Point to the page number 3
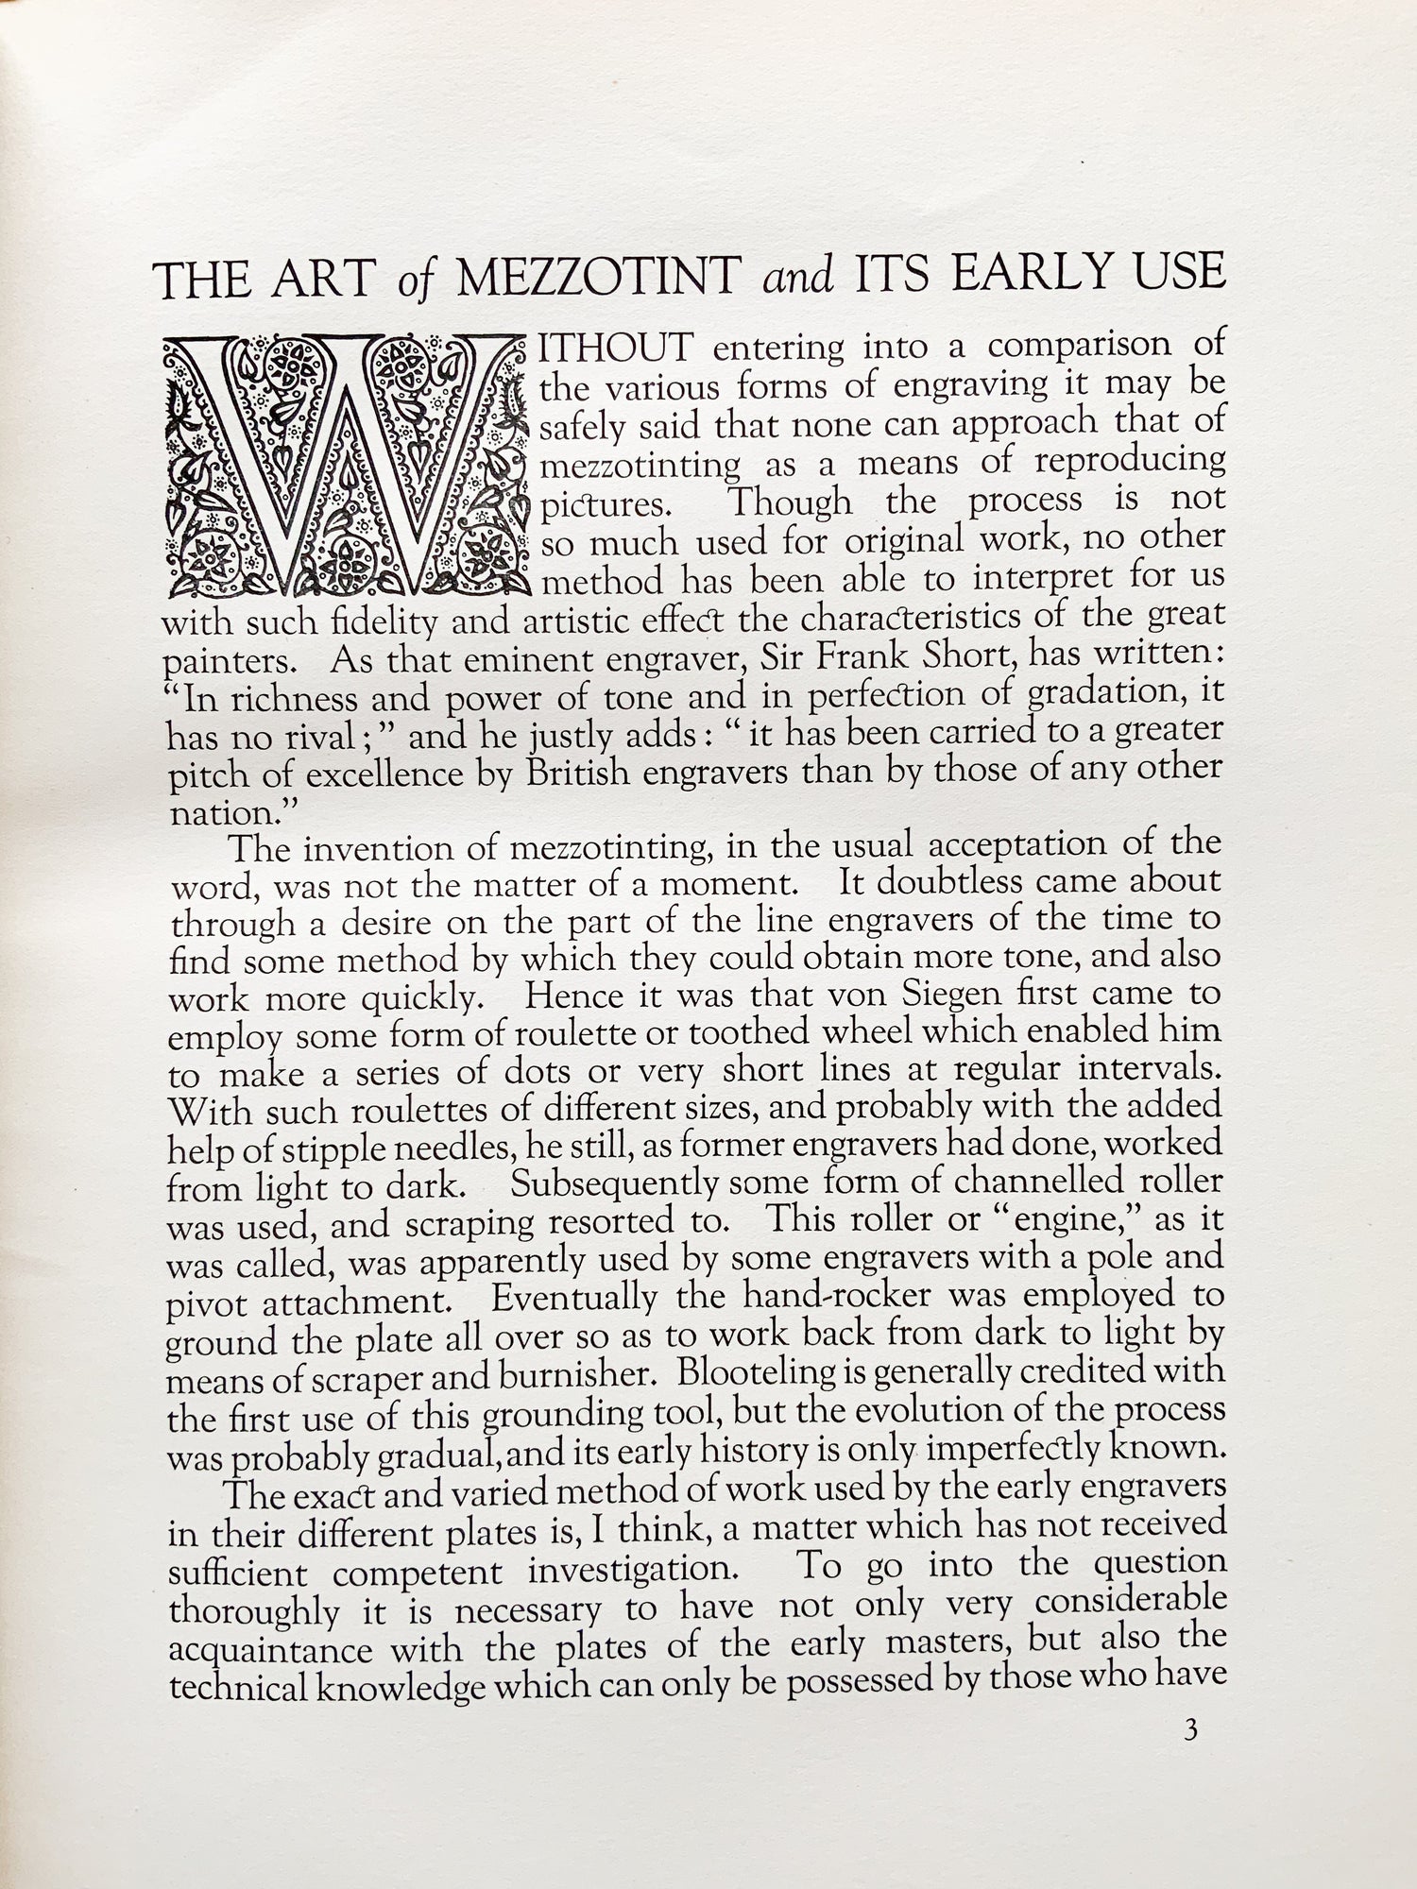1189,1730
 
